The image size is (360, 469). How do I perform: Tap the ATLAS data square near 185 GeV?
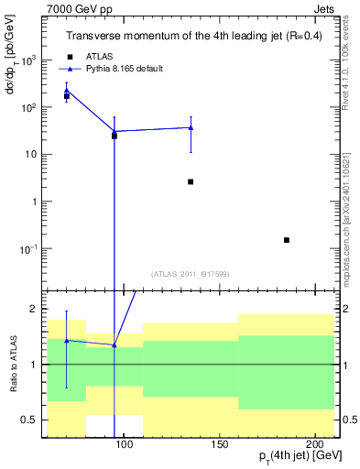pyautogui.click(x=287, y=240)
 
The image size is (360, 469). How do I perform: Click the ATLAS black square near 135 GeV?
pyautogui.click(x=191, y=181)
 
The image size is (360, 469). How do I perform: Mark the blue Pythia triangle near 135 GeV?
pyautogui.click(x=191, y=127)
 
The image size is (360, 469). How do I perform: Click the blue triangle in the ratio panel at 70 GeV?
pyautogui.click(x=66, y=340)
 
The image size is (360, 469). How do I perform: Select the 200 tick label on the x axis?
pyautogui.click(x=314, y=443)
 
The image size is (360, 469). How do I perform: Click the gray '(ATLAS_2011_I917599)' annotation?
pyautogui.click(x=190, y=272)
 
